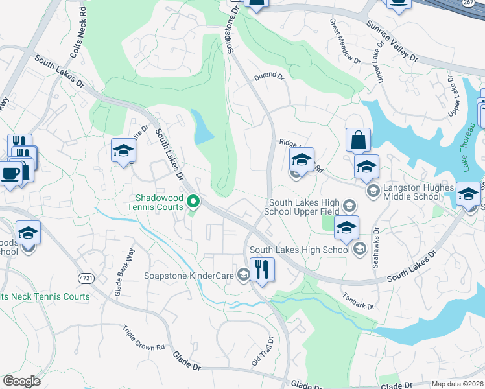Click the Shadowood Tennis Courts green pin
193,202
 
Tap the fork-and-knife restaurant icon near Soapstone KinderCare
262,269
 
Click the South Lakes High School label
300,250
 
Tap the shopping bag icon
358,139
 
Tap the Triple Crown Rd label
143,338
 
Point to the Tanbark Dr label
359,300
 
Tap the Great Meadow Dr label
345,42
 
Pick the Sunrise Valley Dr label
392,41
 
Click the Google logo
21,381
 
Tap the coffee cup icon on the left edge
10,174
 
